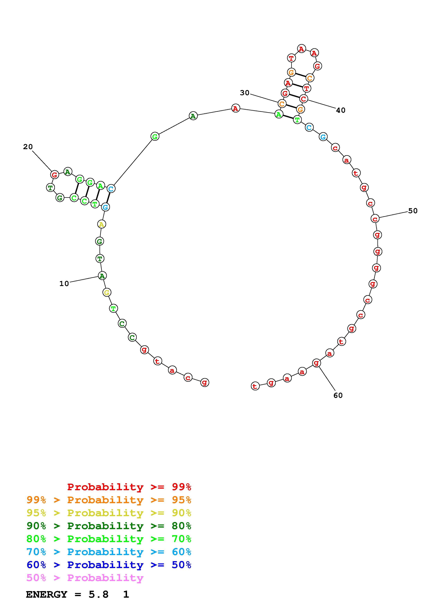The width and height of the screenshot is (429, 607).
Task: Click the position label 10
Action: (64, 284)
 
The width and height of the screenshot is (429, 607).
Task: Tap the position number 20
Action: (28, 147)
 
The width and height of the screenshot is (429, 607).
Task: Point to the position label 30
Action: (245, 93)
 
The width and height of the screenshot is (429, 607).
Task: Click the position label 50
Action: (413, 211)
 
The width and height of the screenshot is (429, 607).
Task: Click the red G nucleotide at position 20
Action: (55, 175)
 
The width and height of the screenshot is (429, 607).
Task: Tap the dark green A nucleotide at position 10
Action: (102, 276)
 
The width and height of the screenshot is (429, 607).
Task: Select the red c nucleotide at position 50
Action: (375, 219)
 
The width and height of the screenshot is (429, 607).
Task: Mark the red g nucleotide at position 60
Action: (316, 363)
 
